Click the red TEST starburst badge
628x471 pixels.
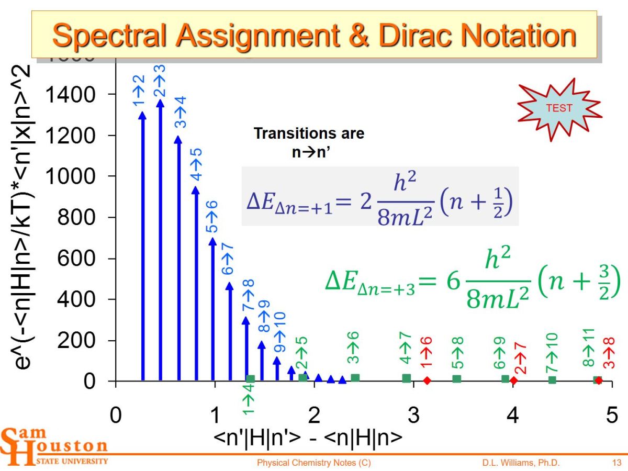(x=559, y=109)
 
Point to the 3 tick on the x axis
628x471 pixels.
(x=413, y=416)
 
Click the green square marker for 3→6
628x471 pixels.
(x=355, y=378)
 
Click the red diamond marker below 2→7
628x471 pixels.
(x=513, y=380)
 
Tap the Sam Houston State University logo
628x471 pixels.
(x=55, y=446)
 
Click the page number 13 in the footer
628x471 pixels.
(x=616, y=463)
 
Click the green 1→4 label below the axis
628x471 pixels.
(x=248, y=403)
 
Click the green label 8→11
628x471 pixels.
(x=588, y=348)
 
